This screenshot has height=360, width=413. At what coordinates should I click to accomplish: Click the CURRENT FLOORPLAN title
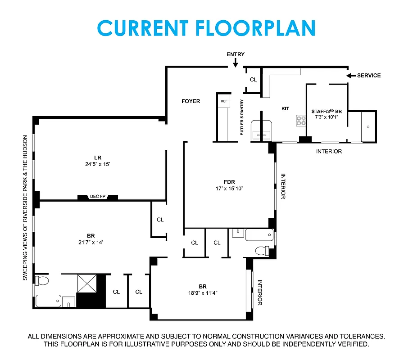pos(206,28)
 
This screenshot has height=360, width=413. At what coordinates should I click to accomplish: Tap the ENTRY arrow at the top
pos(236,63)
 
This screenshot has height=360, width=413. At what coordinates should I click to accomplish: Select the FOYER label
pos(191,101)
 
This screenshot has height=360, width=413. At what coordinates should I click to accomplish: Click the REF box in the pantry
pos(224,101)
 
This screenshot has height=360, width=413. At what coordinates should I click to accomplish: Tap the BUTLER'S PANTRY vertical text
pos(242,117)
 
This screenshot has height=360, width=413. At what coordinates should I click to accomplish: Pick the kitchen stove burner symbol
pos(301,120)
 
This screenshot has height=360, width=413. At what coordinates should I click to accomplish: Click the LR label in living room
pos(98,157)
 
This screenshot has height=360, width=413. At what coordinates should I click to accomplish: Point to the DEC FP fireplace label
pos(97,197)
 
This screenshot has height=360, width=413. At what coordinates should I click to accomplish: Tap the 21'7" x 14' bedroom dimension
pos(91,242)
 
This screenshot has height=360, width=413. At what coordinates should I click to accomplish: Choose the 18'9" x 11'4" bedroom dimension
pos(203,293)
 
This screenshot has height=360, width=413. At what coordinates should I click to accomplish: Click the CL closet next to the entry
pos(253,80)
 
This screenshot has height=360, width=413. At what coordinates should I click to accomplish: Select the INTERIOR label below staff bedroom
pos(329,152)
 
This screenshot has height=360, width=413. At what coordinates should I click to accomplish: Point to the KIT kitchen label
pos(285,108)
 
